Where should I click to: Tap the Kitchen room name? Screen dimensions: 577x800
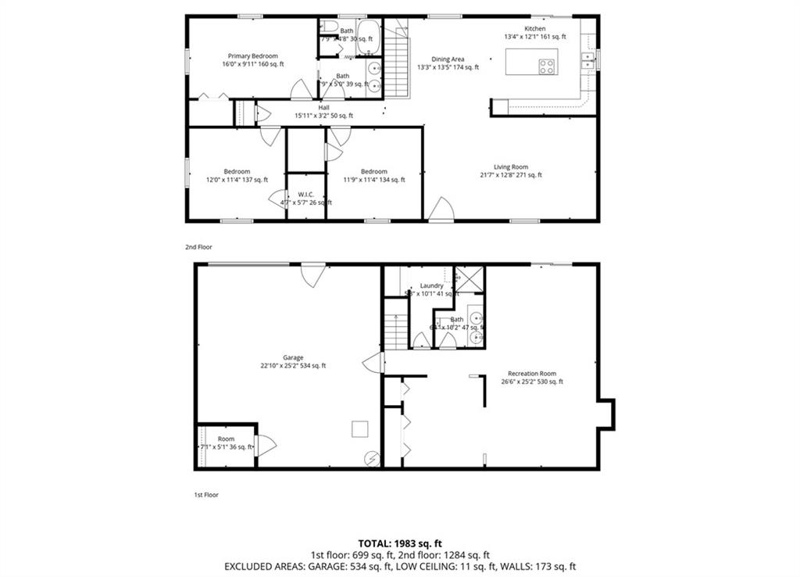tap(534, 29)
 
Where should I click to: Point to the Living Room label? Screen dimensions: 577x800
tap(511, 167)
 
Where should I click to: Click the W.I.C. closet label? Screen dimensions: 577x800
tap(305, 195)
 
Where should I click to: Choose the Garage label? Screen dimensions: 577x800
tap(293, 358)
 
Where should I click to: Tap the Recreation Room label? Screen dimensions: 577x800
tap(531, 374)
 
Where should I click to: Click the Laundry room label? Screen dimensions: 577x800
tap(431, 286)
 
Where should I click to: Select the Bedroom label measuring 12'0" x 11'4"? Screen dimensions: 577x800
tap(237, 172)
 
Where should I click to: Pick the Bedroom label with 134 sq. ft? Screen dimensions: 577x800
tap(373, 172)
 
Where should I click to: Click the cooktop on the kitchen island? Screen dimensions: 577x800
tap(547, 66)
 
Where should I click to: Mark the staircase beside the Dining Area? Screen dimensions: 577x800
tap(398, 61)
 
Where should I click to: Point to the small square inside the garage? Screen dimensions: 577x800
tap(359, 428)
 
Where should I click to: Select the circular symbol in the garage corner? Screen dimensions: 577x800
tap(372, 459)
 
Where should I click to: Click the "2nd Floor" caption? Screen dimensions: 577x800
tap(198, 247)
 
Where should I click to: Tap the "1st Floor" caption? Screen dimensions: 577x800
tap(205, 495)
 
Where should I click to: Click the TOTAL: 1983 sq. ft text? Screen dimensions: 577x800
tap(400, 543)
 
